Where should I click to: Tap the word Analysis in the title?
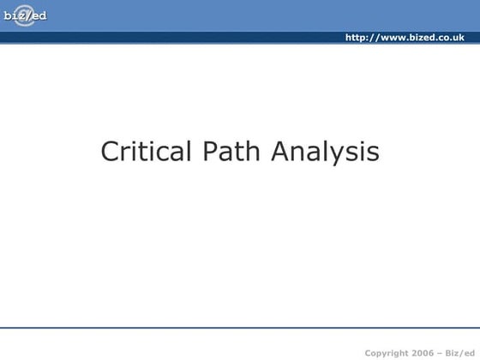pos(325,153)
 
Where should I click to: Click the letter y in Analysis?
pos(338,155)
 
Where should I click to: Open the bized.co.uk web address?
pos(404,38)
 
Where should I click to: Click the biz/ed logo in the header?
pos(25,15)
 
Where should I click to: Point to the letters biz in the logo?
pos(14,15)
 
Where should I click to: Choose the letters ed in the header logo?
pos(39,15)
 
